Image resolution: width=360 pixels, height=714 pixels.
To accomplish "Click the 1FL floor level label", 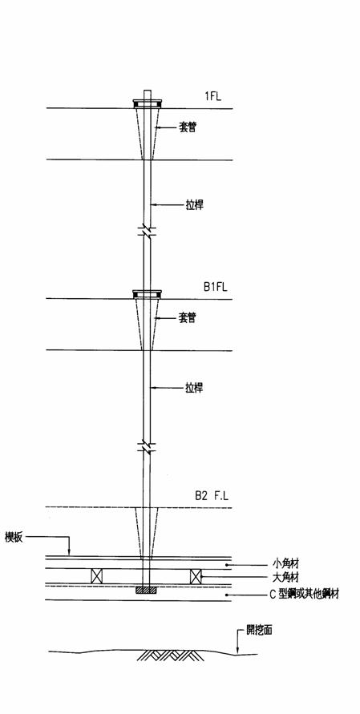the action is pos(212,96).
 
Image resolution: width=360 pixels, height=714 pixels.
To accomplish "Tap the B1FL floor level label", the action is pos(215,287).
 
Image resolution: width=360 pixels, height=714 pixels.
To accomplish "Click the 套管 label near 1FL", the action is pos(187,127).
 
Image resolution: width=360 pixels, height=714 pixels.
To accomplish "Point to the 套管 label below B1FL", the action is pos(187,317).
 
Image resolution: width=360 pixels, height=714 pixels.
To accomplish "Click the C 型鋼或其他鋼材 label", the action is pos(305,595).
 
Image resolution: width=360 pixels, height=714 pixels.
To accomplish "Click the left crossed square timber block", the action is pos(97,576).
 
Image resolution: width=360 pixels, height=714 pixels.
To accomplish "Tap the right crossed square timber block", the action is pos(196,576).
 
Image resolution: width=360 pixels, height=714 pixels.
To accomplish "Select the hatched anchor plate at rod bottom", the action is pos(146,590).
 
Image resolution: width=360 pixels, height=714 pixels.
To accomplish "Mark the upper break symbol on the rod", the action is pos(147,231).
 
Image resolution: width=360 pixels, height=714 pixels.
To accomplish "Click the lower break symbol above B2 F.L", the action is pos(147,446).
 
